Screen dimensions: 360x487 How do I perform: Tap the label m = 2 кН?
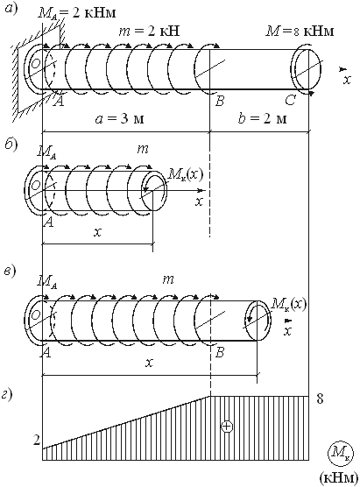tap(150, 31)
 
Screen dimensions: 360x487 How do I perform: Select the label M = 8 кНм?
tap(300, 31)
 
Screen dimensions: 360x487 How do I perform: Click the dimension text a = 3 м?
tap(120, 118)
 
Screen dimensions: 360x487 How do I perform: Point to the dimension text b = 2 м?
tap(263, 118)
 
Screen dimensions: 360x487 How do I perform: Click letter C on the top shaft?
tap(291, 101)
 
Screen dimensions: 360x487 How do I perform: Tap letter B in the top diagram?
tap(219, 101)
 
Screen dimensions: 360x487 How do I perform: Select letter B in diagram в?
tap(219, 353)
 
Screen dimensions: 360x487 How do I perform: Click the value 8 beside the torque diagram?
tap(320, 399)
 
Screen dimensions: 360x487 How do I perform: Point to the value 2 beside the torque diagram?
tap(37, 441)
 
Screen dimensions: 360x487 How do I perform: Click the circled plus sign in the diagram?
tap(227, 426)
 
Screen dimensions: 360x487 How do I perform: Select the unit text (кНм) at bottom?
tap(338, 478)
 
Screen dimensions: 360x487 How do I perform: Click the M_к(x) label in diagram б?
tap(186, 174)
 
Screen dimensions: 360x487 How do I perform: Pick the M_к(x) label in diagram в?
tap(288, 304)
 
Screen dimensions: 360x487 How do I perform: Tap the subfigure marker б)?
tap(11, 144)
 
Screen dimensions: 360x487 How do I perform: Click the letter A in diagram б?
tap(48, 222)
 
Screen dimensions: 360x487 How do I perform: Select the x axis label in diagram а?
tap(347, 81)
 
